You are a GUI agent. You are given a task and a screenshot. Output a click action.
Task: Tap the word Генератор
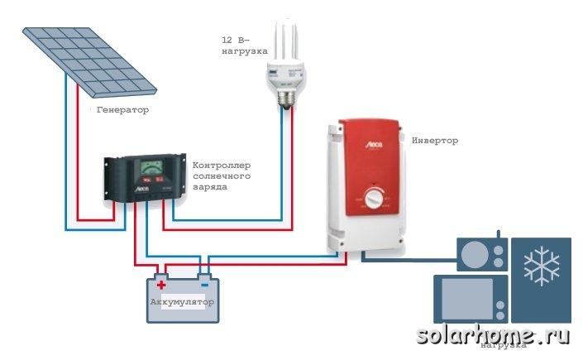click(x=122, y=110)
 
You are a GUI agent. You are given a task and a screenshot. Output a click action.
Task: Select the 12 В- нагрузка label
click(x=240, y=46)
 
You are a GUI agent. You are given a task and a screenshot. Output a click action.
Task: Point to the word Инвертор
click(x=434, y=141)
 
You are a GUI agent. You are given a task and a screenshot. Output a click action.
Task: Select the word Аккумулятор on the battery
click(x=182, y=302)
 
